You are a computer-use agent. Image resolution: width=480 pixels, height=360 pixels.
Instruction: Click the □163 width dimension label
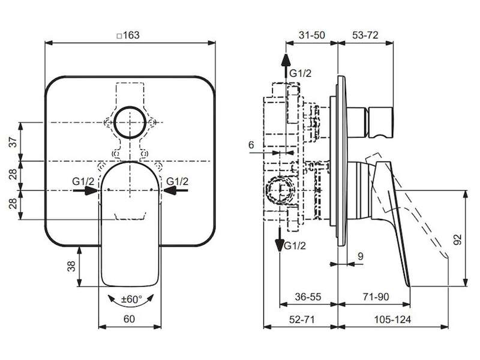point(128,35)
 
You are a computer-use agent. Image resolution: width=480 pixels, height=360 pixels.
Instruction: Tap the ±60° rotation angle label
point(131,299)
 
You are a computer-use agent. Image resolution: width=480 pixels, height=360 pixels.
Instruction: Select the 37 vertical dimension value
point(13,142)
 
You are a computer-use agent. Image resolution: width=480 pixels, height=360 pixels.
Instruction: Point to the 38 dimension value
point(71,266)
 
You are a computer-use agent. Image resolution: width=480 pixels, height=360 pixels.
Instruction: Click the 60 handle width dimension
point(129,319)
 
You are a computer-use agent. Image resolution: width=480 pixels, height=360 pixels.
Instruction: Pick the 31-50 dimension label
point(311,35)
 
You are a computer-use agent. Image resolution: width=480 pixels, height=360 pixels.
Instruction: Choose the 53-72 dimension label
point(365,35)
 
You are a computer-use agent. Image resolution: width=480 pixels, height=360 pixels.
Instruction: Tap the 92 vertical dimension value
point(457,239)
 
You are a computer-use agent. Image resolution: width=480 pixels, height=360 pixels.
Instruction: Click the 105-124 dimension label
point(392,319)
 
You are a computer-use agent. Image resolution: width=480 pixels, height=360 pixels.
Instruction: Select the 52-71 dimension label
point(302,319)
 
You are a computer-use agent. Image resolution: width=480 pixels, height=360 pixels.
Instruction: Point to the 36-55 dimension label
point(308,296)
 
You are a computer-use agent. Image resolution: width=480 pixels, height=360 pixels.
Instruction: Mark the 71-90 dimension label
point(376,296)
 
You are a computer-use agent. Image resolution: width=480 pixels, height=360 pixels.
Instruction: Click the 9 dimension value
point(361,256)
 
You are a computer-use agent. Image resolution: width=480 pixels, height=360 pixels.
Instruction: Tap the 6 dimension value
point(251,145)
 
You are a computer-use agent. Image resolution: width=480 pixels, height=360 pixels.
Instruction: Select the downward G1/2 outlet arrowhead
point(280,244)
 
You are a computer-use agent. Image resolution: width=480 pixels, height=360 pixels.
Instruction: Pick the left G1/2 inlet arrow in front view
point(85,190)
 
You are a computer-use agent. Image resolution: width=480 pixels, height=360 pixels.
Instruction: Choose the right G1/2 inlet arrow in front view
point(176,190)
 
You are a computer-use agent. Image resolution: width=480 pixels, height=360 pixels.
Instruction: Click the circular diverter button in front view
point(130,122)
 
